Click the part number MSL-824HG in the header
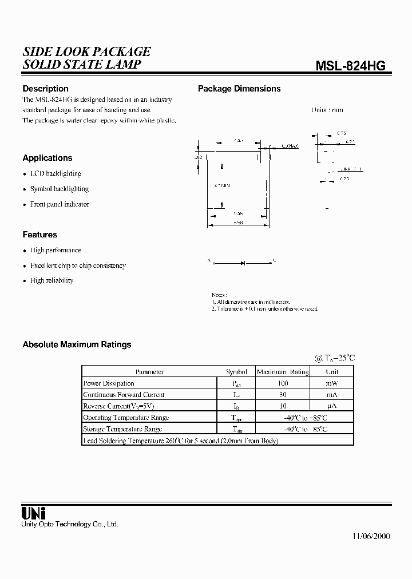pyautogui.click(x=351, y=66)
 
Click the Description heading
pyautogui.click(x=45, y=89)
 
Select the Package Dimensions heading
pyautogui.click(x=239, y=89)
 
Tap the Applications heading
pyautogui.click(x=47, y=158)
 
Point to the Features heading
pyautogui.click(x=40, y=235)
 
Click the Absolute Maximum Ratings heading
pyautogui.click(x=77, y=344)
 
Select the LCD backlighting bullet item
pyautogui.click(x=56, y=173)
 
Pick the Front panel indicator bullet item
pyautogui.click(x=60, y=204)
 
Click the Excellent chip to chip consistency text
pyautogui.click(x=78, y=265)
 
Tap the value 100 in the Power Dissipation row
pyautogui.click(x=283, y=383)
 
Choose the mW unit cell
pyautogui.click(x=332, y=383)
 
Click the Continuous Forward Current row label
pyautogui.click(x=124, y=395)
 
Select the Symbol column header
pyautogui.click(x=236, y=372)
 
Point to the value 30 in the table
pyautogui.click(x=283, y=395)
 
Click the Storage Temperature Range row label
pyautogui.click(x=122, y=429)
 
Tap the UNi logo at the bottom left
pyautogui.click(x=34, y=513)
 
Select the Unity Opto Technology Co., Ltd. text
pyautogui.click(x=69, y=524)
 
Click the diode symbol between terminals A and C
pyautogui.click(x=243, y=263)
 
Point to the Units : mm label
pyautogui.click(x=327, y=110)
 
